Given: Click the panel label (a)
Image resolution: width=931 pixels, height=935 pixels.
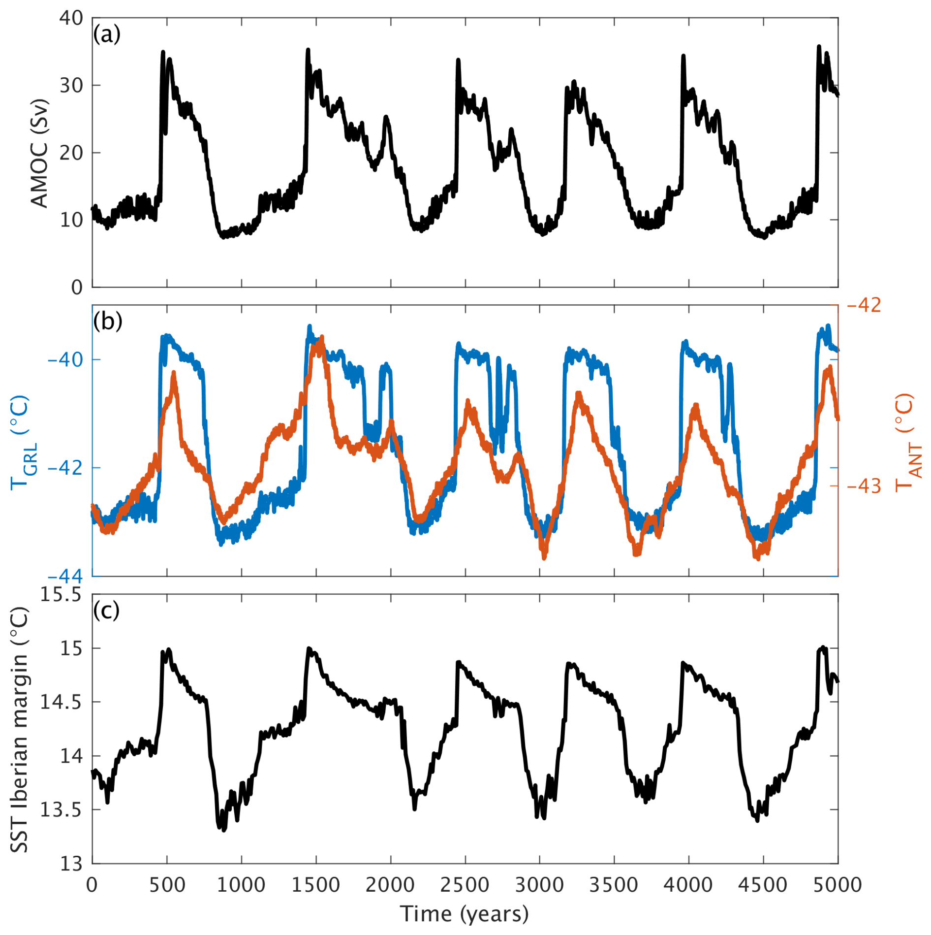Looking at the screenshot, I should pyautogui.click(x=107, y=35).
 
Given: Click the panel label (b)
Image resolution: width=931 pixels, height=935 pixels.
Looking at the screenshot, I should pyautogui.click(x=107, y=322).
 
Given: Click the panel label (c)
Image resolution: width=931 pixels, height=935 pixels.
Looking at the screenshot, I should pyautogui.click(x=106, y=611).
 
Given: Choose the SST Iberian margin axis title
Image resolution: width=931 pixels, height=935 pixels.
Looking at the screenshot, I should pyautogui.click(x=20, y=730).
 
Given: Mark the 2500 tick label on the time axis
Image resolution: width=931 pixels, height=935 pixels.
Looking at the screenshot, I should pyautogui.click(x=465, y=885).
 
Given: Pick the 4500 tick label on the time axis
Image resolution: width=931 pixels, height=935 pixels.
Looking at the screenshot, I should pyautogui.click(x=763, y=885).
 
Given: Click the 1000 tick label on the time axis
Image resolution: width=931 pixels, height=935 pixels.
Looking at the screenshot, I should pyautogui.click(x=241, y=885).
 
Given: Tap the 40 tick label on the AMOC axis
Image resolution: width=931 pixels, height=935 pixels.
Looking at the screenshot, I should pyautogui.click(x=71, y=18).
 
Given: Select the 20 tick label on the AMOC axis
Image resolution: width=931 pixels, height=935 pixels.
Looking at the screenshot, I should pyautogui.click(x=71, y=153).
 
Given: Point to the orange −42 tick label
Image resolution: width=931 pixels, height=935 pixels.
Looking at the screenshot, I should pyautogui.click(x=864, y=305).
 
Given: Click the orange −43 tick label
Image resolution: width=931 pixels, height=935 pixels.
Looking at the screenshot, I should pyautogui.click(x=864, y=486).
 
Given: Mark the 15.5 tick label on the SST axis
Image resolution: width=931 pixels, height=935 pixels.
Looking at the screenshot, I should pyautogui.click(x=61, y=595).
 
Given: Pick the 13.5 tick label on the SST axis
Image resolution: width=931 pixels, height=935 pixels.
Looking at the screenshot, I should pyautogui.click(x=61, y=810).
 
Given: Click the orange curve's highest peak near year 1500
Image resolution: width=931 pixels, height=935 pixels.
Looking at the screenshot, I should pyautogui.click(x=322, y=338).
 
